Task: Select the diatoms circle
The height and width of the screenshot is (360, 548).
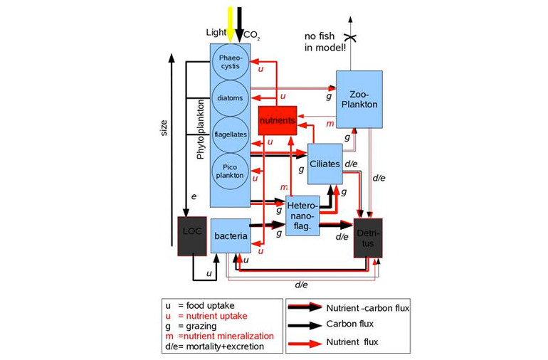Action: [x=231, y=98]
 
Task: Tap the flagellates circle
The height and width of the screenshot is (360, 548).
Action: [x=231, y=133]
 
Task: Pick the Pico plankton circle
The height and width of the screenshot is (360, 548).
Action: [x=231, y=171]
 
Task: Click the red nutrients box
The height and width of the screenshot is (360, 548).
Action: [x=277, y=121]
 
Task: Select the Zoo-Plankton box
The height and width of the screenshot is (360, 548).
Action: [x=359, y=99]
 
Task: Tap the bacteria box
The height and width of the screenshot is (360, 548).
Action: [x=231, y=235]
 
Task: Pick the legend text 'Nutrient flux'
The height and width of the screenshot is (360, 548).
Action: [x=353, y=343]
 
